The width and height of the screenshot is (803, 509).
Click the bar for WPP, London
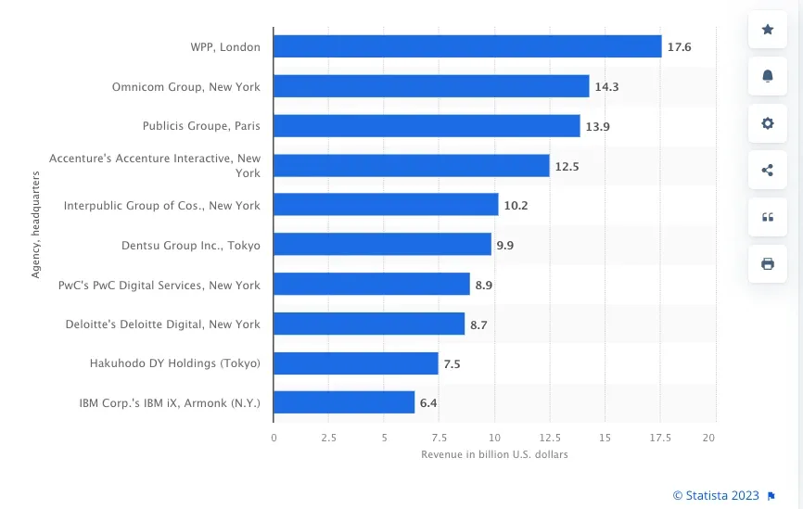coord(467,46)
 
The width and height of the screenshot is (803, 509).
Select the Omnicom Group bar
coord(431,86)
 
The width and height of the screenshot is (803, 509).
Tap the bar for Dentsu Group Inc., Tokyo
coord(382,245)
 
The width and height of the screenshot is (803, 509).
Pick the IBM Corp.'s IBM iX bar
coord(344,402)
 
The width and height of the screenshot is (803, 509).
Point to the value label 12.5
coord(567,166)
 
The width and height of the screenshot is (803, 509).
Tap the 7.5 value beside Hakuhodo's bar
coord(452,364)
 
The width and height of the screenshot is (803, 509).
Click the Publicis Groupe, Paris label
coord(201,126)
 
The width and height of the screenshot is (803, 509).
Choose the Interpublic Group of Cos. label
coord(162,205)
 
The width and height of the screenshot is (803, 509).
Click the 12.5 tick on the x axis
coord(549,438)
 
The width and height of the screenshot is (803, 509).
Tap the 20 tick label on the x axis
coord(709,438)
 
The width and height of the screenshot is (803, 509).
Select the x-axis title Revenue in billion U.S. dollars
coord(494,454)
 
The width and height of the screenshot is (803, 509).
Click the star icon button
coord(768,30)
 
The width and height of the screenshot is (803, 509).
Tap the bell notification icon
coord(768,76)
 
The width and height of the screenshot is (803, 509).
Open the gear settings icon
coord(768,123)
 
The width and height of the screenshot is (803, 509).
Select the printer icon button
coord(768,264)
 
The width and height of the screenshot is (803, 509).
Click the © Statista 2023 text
coord(715,495)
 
